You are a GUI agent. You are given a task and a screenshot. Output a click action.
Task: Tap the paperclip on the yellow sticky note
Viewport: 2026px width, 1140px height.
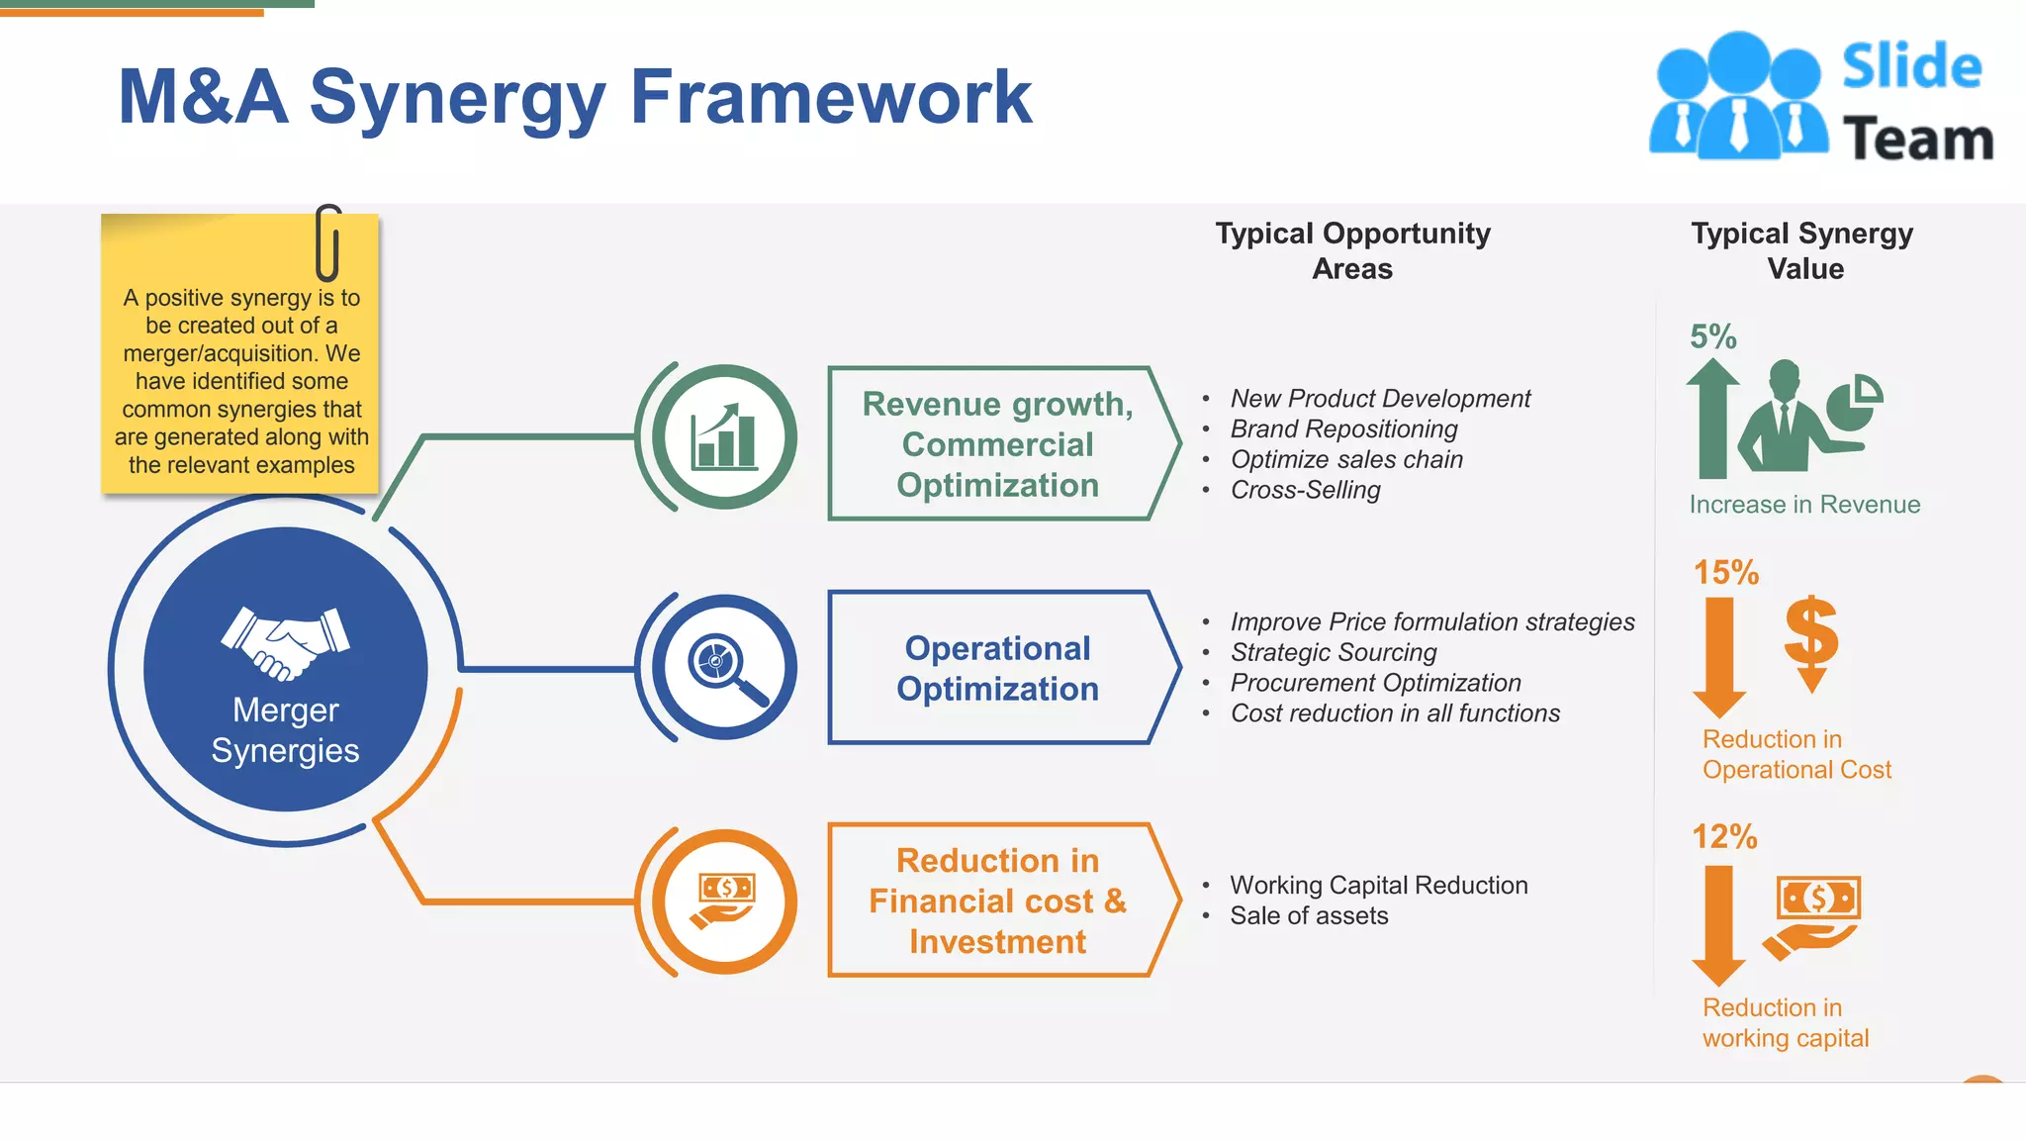pyautogui.click(x=328, y=243)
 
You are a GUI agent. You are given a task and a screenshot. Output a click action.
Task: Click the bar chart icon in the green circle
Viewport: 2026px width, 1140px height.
pyautogui.click(x=726, y=437)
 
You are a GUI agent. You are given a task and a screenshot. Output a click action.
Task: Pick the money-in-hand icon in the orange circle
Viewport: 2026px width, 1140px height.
pyautogui.click(x=726, y=901)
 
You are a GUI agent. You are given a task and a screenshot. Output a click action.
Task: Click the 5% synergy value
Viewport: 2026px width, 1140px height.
pyautogui.click(x=1712, y=336)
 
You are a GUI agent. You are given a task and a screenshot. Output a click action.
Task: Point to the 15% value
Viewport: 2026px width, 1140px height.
pyautogui.click(x=1725, y=572)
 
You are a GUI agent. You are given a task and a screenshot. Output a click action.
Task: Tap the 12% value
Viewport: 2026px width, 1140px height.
pyautogui.click(x=1724, y=836)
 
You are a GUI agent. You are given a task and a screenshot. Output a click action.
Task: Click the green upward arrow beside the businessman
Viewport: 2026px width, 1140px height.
pyautogui.click(x=1712, y=420)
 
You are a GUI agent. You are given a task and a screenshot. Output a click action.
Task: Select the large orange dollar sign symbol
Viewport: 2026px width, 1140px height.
pyautogui.click(x=1811, y=639)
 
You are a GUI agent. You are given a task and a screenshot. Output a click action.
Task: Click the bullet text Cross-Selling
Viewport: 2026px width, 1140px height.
pyautogui.click(x=1305, y=490)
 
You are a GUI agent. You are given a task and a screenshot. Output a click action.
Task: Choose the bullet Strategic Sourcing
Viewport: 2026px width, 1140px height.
pyautogui.click(x=1333, y=652)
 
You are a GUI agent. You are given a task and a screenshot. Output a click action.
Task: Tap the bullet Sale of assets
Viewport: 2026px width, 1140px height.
pyautogui.click(x=1308, y=915)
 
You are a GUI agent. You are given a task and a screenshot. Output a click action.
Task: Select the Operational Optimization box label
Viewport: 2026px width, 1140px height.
pyautogui.click(x=997, y=668)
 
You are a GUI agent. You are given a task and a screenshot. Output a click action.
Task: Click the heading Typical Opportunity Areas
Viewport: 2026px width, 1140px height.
pyautogui.click(x=1352, y=250)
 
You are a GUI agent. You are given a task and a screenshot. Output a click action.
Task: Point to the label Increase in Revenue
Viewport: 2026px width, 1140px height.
pyautogui.click(x=1804, y=505)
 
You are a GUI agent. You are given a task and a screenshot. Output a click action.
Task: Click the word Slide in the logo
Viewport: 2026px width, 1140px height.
pyautogui.click(x=1911, y=67)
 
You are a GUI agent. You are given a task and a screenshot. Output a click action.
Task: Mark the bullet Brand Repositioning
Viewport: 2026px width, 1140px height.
pyautogui.click(x=1343, y=428)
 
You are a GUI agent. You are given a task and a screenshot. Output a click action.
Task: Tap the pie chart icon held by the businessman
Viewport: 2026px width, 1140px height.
pyautogui.click(x=1853, y=404)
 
